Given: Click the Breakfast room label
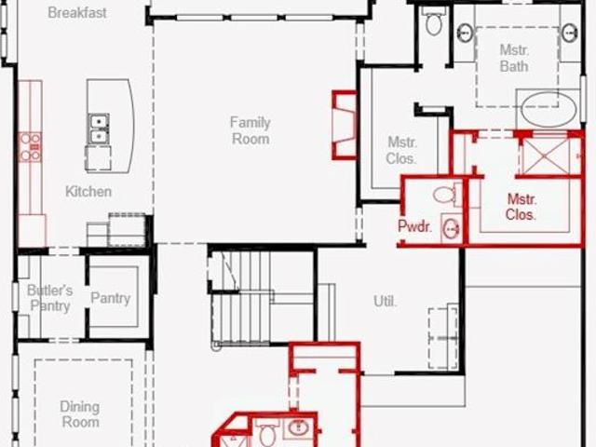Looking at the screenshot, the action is [x=77, y=12].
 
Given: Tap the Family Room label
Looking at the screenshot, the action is [x=251, y=130].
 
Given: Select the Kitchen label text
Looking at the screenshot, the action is [x=88, y=192].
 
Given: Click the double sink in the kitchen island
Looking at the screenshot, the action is [x=99, y=129].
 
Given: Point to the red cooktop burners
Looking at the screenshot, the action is [x=31, y=147].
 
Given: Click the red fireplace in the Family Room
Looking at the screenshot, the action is [x=345, y=125].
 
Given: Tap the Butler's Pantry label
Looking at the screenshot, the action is [x=49, y=298].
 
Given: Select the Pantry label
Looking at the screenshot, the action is [x=111, y=298].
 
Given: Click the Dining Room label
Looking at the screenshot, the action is [x=80, y=414].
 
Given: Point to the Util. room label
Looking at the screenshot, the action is [x=385, y=302].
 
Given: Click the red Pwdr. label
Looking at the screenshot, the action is [x=415, y=226].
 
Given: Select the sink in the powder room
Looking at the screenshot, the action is [x=452, y=228].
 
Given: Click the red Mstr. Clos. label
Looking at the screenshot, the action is [x=521, y=207].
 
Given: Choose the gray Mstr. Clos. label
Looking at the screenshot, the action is [x=401, y=151].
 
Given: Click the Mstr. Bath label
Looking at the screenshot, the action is [x=514, y=58].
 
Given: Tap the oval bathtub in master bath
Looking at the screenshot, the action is [x=548, y=109].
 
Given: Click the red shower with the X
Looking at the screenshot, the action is [x=549, y=156].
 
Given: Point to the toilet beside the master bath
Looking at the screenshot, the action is [x=434, y=20].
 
